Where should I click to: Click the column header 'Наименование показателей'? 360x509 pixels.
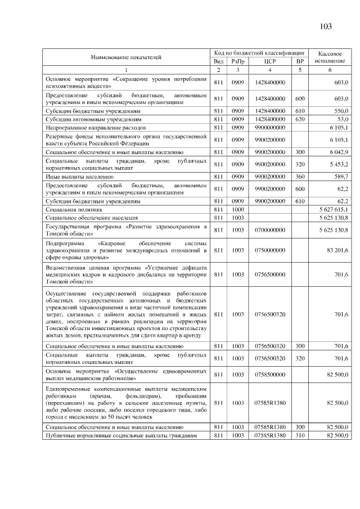tap(126, 56)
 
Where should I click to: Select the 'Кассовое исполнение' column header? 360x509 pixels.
tap(330, 56)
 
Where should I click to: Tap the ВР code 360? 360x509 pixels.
tap(299, 176)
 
